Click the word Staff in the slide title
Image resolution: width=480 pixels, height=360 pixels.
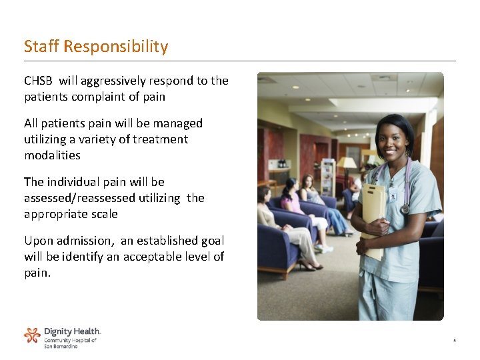tap(41, 47)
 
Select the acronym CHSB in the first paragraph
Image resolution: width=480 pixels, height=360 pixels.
tap(38, 81)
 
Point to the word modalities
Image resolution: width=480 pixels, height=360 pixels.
tap(52, 155)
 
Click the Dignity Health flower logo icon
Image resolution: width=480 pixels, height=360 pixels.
tap(32, 335)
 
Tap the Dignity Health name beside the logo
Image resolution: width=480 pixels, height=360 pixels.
tap(72, 331)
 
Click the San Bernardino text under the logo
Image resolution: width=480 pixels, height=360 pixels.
tap(61, 347)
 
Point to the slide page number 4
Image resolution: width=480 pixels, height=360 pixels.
tap(454, 341)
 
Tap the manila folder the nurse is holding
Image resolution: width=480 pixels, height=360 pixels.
tap(373, 213)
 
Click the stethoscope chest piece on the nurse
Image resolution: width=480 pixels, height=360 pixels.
tap(405, 209)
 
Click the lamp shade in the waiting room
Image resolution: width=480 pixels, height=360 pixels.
tap(346, 163)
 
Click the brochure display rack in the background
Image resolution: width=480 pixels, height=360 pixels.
tap(327, 176)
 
